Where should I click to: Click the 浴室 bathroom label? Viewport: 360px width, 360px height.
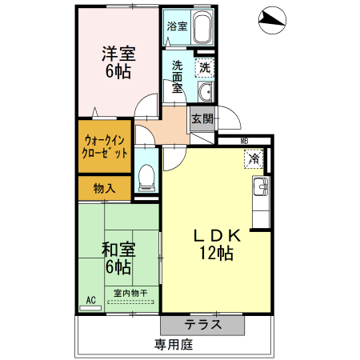click(x=177, y=26)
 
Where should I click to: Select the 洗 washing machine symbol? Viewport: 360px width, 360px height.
click(x=206, y=69)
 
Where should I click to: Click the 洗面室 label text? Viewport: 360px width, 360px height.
click(x=178, y=78)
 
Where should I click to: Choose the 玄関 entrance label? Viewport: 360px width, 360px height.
click(x=202, y=120)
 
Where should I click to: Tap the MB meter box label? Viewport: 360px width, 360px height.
click(x=244, y=142)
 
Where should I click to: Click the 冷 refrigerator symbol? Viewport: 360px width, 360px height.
click(x=253, y=159)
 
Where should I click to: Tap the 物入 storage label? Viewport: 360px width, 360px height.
click(x=104, y=189)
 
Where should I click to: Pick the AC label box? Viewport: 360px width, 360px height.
click(x=90, y=300)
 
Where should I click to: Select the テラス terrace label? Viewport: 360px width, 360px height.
click(x=202, y=325)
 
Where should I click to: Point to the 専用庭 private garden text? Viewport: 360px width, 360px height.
click(x=174, y=346)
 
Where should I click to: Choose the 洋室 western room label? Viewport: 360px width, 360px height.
click(x=118, y=54)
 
